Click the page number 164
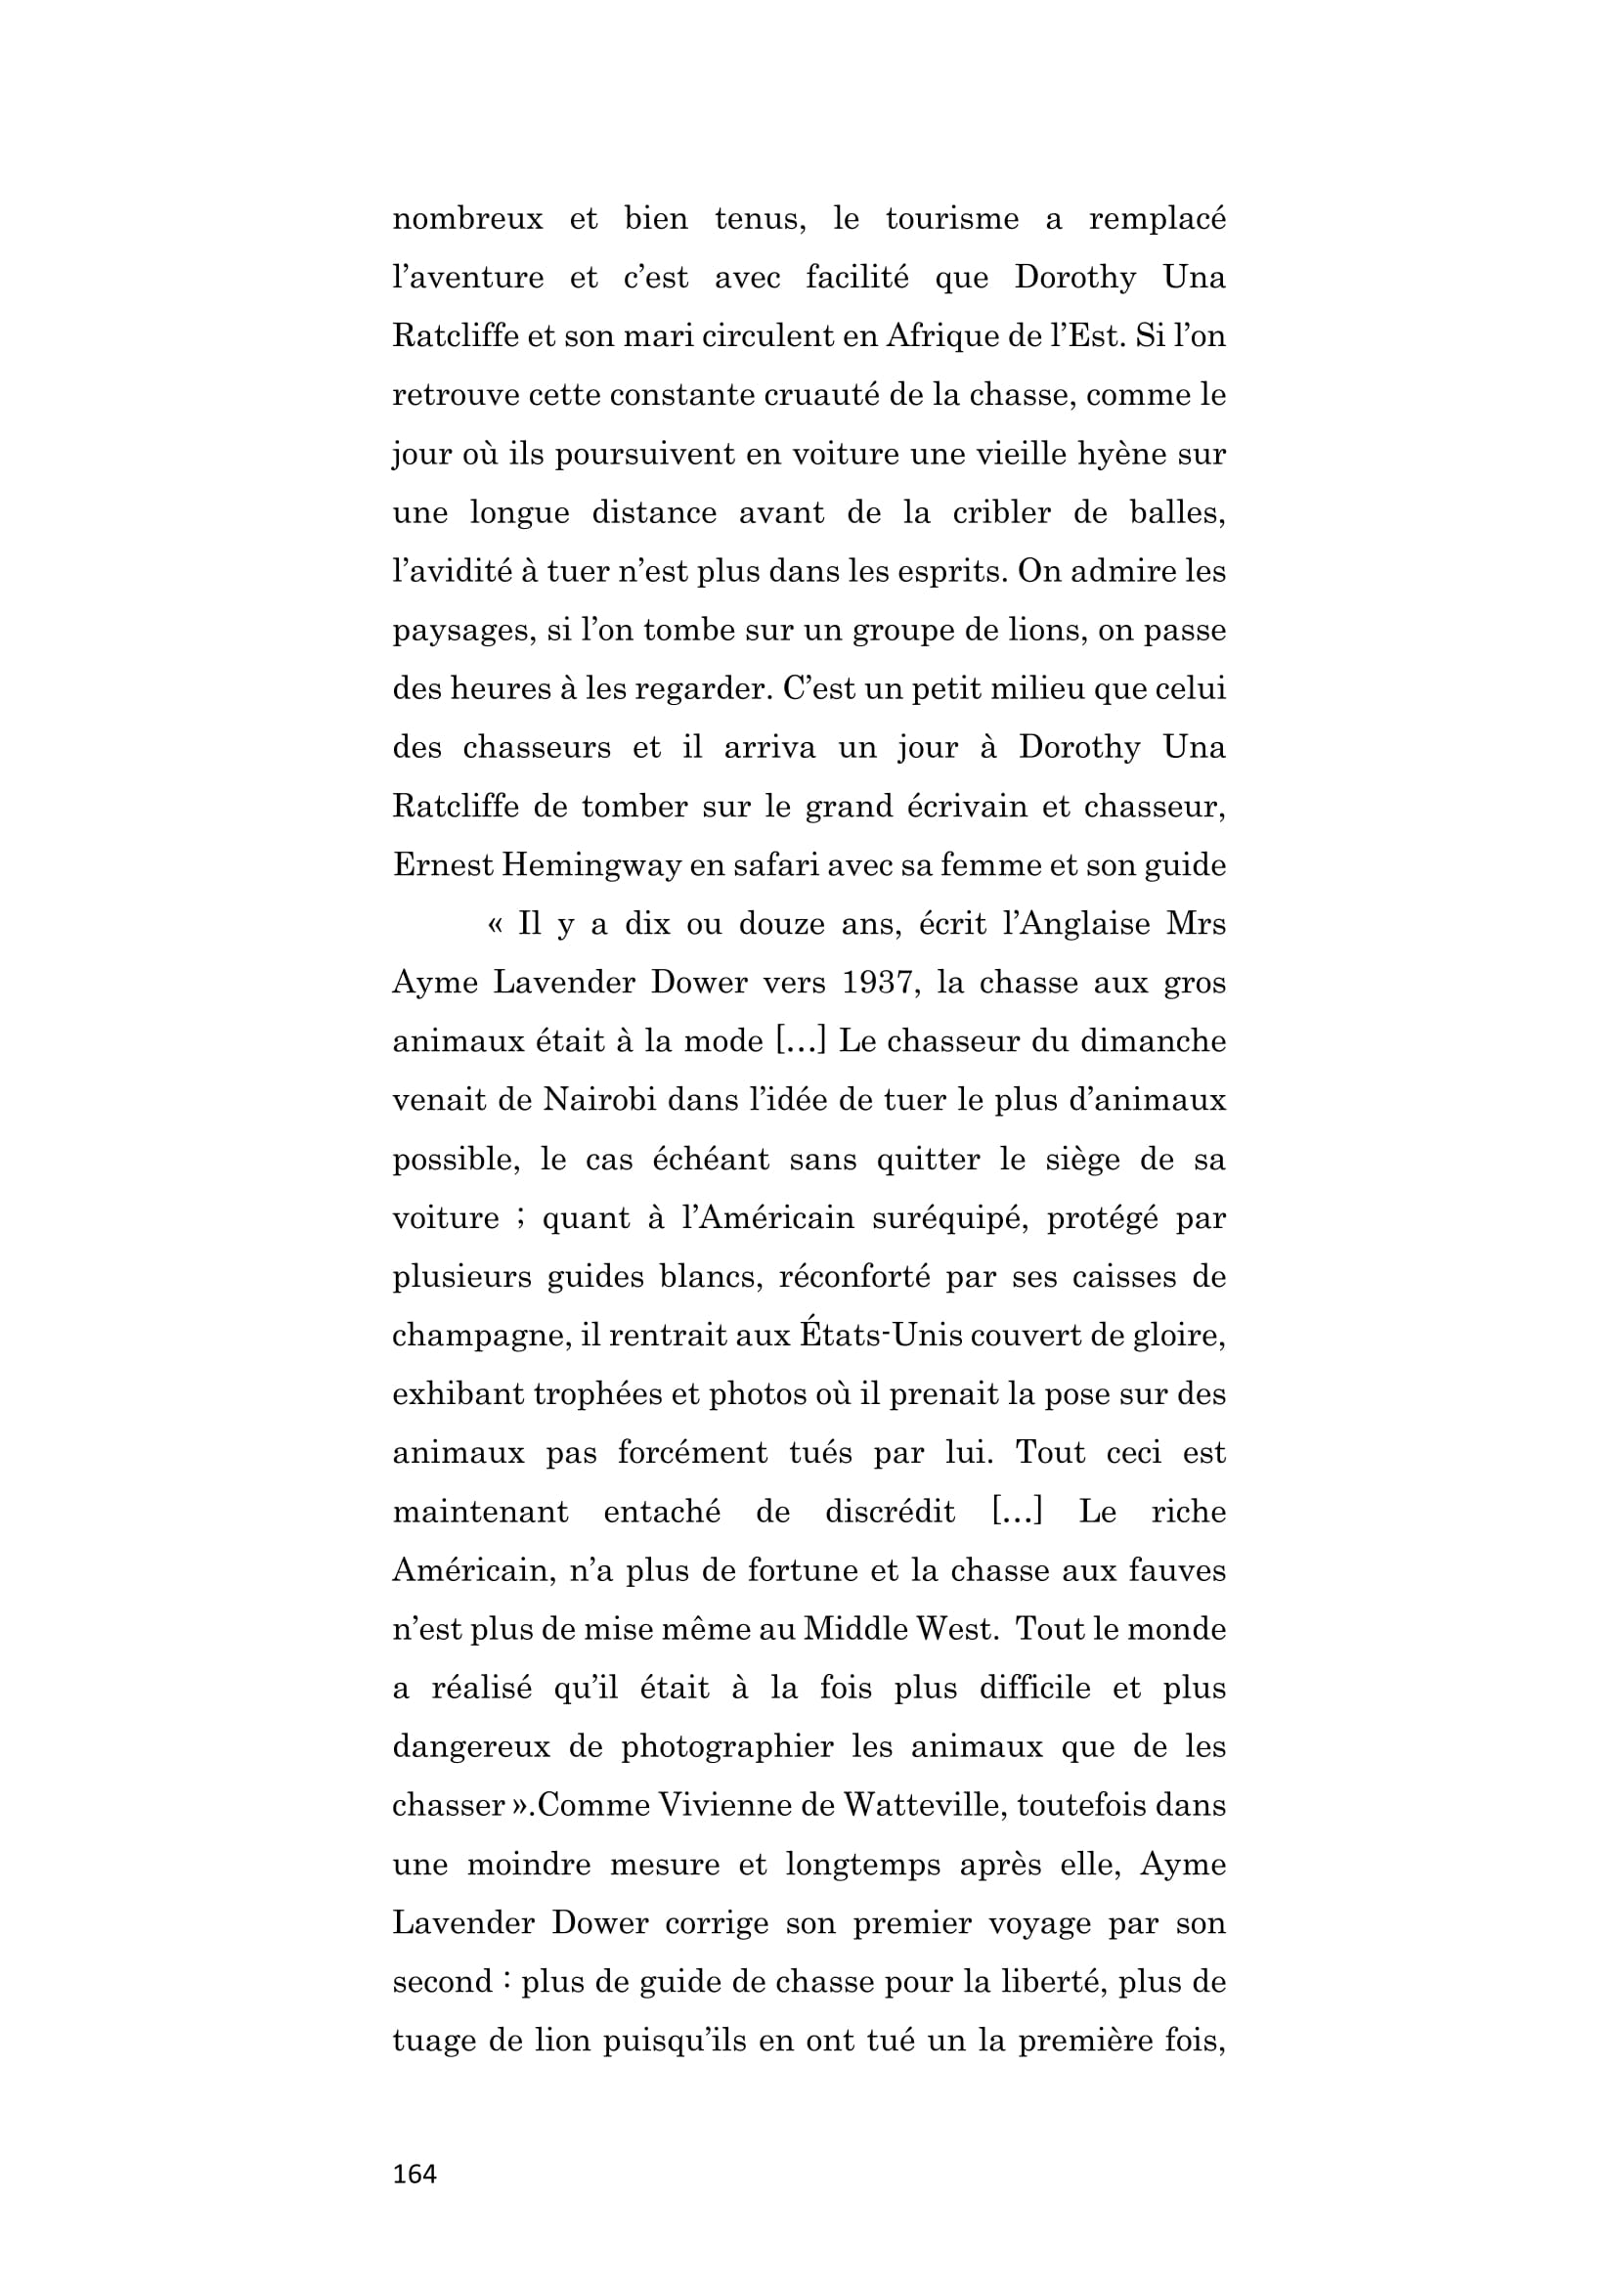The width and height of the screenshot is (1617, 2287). (x=415, y=2174)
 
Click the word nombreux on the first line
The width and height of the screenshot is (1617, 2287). (x=467, y=219)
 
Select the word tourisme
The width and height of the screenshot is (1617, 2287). (x=952, y=219)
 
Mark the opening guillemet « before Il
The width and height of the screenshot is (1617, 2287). (x=495, y=925)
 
